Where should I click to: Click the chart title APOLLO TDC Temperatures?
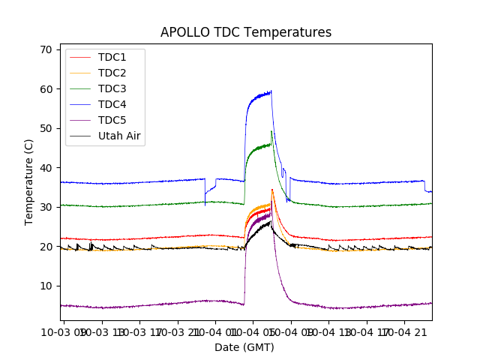pyautogui.click(x=246, y=32)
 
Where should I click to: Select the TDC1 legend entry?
pyautogui.click(x=112, y=58)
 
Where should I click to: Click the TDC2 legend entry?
pyautogui.click(x=112, y=73)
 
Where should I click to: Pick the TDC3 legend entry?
pyautogui.click(x=112, y=89)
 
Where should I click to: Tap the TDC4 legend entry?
pyautogui.click(x=112, y=105)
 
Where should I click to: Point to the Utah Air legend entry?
pyautogui.click(x=119, y=136)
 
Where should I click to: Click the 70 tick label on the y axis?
pyautogui.click(x=46, y=49)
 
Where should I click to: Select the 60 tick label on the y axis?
pyautogui.click(x=46, y=89)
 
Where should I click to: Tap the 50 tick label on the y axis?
pyautogui.click(x=46, y=128)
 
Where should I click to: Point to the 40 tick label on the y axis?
pyautogui.click(x=46, y=168)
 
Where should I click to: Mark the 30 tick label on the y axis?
pyautogui.click(x=46, y=207)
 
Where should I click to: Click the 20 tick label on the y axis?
pyautogui.click(x=46, y=247)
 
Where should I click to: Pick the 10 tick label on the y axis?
pyautogui.click(x=46, y=286)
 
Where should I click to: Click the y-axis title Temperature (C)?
pyautogui.click(x=28, y=182)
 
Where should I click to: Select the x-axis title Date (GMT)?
pyautogui.click(x=244, y=347)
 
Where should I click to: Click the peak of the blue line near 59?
pyautogui.click(x=271, y=91)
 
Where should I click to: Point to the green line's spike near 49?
pyautogui.click(x=271, y=132)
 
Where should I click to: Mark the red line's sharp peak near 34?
pyautogui.click(x=271, y=190)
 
